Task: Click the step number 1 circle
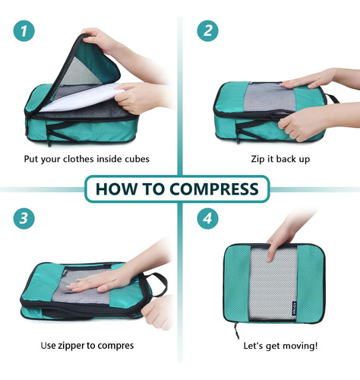(24, 30)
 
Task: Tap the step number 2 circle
(207, 30)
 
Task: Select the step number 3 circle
(24, 218)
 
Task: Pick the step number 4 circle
(207, 218)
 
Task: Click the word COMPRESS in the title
(214, 189)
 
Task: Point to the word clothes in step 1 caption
(79, 159)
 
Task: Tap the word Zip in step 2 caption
(257, 159)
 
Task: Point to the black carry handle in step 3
(156, 283)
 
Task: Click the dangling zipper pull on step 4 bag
(236, 331)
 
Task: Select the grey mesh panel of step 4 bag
(273, 283)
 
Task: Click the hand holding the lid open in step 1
(101, 40)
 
